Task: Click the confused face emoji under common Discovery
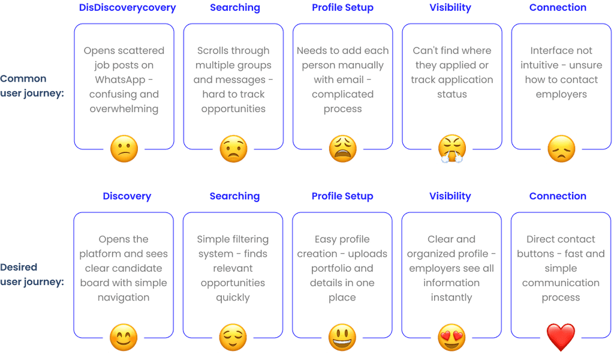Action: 124,148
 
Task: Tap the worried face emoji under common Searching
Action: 233,149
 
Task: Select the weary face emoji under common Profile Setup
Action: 342,149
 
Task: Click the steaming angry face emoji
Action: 452,149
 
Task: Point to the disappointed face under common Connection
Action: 561,149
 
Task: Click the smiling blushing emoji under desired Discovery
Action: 124,337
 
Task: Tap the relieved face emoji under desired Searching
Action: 233,337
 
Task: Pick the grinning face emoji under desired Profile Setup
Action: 342,337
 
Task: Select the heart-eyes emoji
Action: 452,337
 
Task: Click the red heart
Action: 561,337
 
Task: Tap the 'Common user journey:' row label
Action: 32,85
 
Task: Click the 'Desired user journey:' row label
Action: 32,274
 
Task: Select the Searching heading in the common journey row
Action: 234,8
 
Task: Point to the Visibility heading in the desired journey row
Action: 450,196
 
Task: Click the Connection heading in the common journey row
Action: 558,8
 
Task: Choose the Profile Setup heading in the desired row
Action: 342,196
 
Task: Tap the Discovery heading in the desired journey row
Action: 127,196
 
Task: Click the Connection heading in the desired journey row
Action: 558,196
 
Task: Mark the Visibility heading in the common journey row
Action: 450,8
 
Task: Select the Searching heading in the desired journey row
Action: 234,196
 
